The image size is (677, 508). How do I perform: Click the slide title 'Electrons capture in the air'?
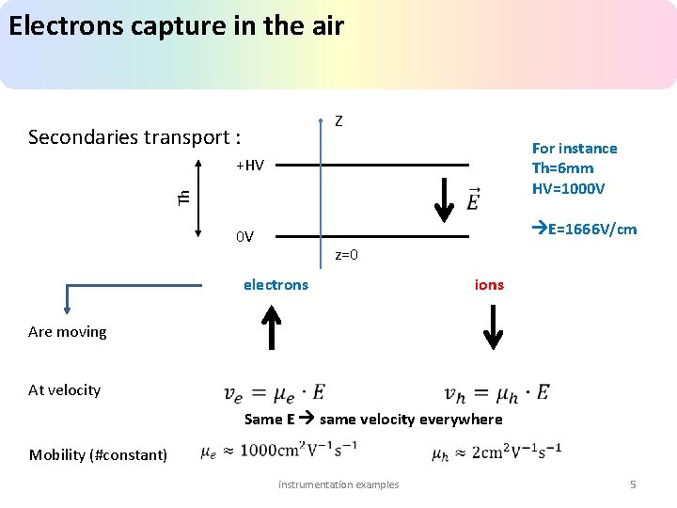(x=176, y=25)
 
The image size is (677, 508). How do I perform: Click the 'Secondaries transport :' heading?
(x=134, y=137)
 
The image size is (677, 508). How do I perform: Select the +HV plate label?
(x=250, y=166)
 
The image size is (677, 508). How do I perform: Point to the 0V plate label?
(x=244, y=236)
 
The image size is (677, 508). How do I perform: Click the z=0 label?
(x=346, y=255)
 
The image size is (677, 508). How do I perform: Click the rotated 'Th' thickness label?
(x=184, y=197)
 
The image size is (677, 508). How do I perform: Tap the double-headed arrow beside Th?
(x=199, y=198)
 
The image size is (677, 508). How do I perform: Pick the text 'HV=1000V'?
(x=568, y=188)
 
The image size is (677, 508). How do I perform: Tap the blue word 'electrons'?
(x=276, y=284)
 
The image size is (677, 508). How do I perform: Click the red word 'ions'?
(x=489, y=284)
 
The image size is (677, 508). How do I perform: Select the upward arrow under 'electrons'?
(x=271, y=328)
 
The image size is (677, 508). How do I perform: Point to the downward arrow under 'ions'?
(x=494, y=327)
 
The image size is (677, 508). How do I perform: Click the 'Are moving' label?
(x=68, y=331)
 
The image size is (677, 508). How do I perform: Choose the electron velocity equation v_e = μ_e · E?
(x=275, y=392)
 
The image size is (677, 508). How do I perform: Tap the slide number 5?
(x=633, y=484)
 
